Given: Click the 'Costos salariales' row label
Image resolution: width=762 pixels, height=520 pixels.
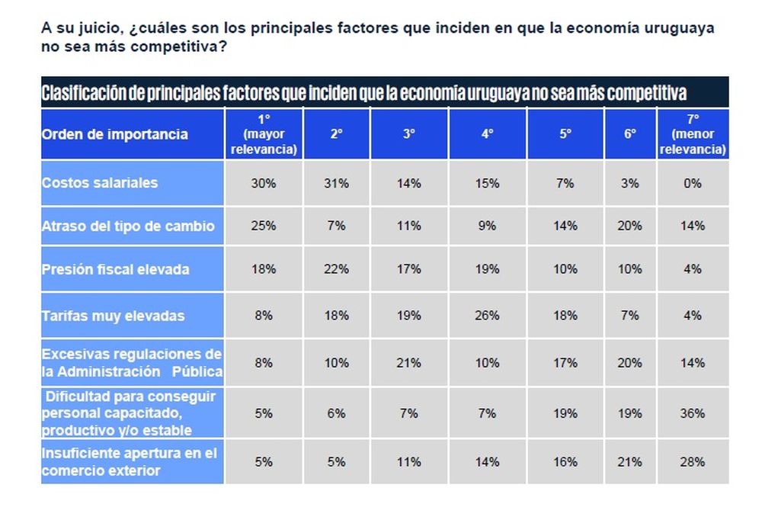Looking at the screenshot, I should [100, 183].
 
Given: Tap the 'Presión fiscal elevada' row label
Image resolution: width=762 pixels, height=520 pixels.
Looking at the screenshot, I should [116, 269].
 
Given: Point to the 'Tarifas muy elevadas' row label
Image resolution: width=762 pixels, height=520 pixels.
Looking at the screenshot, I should [113, 315].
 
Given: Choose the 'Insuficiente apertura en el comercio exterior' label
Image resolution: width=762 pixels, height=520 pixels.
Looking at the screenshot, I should [130, 461].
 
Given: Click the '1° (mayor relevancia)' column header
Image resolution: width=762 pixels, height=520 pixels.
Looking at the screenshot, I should [264, 134].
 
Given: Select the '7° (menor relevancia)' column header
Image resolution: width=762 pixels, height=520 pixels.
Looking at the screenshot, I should [693, 134].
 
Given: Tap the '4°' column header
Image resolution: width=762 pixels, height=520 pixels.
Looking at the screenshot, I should [487, 134].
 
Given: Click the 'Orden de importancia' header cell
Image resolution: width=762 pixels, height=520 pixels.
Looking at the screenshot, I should [114, 134].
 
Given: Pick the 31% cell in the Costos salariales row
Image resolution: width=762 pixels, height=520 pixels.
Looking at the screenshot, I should [336, 183].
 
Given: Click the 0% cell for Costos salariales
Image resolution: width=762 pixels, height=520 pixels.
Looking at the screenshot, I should [693, 183].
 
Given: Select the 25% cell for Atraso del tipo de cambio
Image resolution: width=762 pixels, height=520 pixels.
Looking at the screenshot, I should [264, 226].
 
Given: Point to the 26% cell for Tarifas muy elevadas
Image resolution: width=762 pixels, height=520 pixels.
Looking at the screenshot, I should [487, 315].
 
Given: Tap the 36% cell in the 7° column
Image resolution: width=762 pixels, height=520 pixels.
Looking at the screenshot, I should [693, 413].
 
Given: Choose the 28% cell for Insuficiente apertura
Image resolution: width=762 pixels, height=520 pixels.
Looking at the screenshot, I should [693, 461].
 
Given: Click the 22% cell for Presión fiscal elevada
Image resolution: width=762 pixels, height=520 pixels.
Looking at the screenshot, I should [336, 269].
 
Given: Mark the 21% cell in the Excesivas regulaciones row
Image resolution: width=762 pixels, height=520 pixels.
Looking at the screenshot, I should [409, 363].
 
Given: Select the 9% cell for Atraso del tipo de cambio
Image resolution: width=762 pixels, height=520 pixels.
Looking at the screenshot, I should [487, 226].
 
